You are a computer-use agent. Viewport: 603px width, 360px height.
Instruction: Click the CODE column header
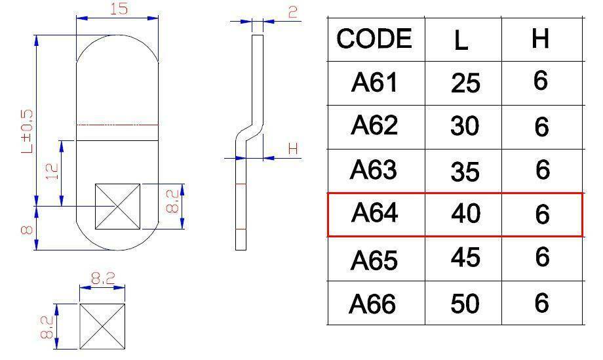(x=374, y=39)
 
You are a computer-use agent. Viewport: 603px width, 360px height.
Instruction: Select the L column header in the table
(x=461, y=40)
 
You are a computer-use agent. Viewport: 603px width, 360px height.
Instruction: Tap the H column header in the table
(x=540, y=38)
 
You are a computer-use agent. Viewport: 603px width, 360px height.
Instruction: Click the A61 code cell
(x=374, y=83)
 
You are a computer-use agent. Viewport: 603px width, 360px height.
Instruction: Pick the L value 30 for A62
(x=465, y=126)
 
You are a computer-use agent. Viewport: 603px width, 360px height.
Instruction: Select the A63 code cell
(x=374, y=170)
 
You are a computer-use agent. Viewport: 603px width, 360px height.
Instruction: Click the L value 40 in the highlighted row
(x=465, y=214)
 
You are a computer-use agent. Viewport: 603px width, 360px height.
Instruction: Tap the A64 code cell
(x=374, y=212)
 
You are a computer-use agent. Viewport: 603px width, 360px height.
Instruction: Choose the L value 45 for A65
(x=465, y=257)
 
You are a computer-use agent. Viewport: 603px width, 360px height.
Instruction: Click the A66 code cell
(x=372, y=304)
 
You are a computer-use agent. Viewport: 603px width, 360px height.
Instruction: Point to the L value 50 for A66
(x=465, y=304)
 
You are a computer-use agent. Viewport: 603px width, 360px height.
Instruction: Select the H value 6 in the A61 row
(x=540, y=81)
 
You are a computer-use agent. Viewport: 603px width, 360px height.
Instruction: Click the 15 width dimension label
(x=119, y=9)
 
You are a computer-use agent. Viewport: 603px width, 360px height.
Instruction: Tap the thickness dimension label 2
(x=293, y=12)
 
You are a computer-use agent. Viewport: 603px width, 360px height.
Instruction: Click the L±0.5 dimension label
(x=28, y=132)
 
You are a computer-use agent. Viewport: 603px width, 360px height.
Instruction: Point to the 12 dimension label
(x=52, y=172)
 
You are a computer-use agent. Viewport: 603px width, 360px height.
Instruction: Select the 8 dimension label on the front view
(x=26, y=230)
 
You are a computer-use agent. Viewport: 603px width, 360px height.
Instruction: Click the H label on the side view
(x=293, y=148)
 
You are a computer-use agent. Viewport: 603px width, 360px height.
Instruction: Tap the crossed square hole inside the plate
(x=118, y=207)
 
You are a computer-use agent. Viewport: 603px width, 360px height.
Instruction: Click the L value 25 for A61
(x=465, y=83)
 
